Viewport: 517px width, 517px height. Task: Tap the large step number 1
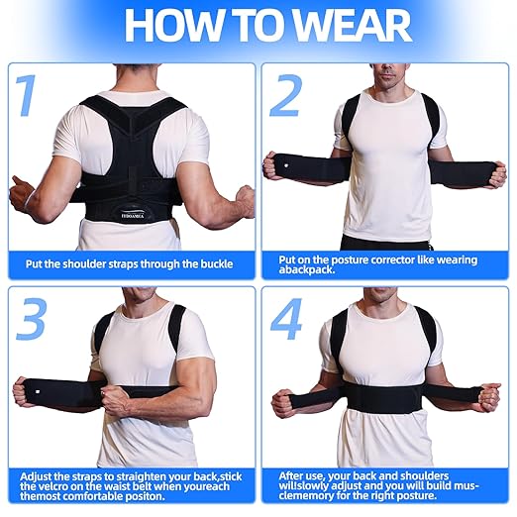tap(27, 97)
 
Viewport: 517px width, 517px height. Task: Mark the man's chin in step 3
tap(143, 300)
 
